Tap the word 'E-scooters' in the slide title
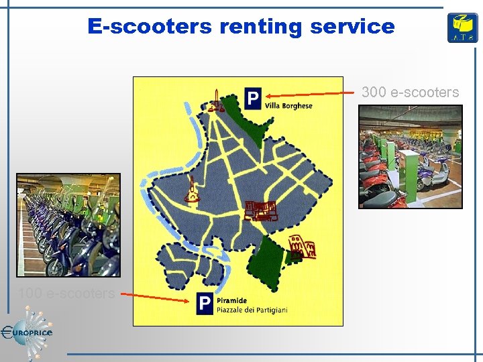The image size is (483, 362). tap(148, 27)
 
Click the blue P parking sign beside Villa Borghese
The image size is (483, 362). tap(252, 100)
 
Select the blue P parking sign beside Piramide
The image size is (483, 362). tap(205, 304)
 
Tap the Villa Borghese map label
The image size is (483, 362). tap(288, 106)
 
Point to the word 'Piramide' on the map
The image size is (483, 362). tap(232, 300)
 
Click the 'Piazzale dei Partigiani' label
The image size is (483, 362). tap(252, 309)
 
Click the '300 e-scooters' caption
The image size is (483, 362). tap(410, 93)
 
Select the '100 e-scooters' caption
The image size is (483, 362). tap(66, 293)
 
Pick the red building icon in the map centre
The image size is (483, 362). tap(260, 210)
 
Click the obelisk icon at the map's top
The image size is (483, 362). tap(216, 101)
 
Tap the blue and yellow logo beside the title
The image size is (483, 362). tap(463, 28)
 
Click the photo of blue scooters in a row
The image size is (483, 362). tap(68, 225)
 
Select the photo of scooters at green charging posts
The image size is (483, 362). tap(410, 157)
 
